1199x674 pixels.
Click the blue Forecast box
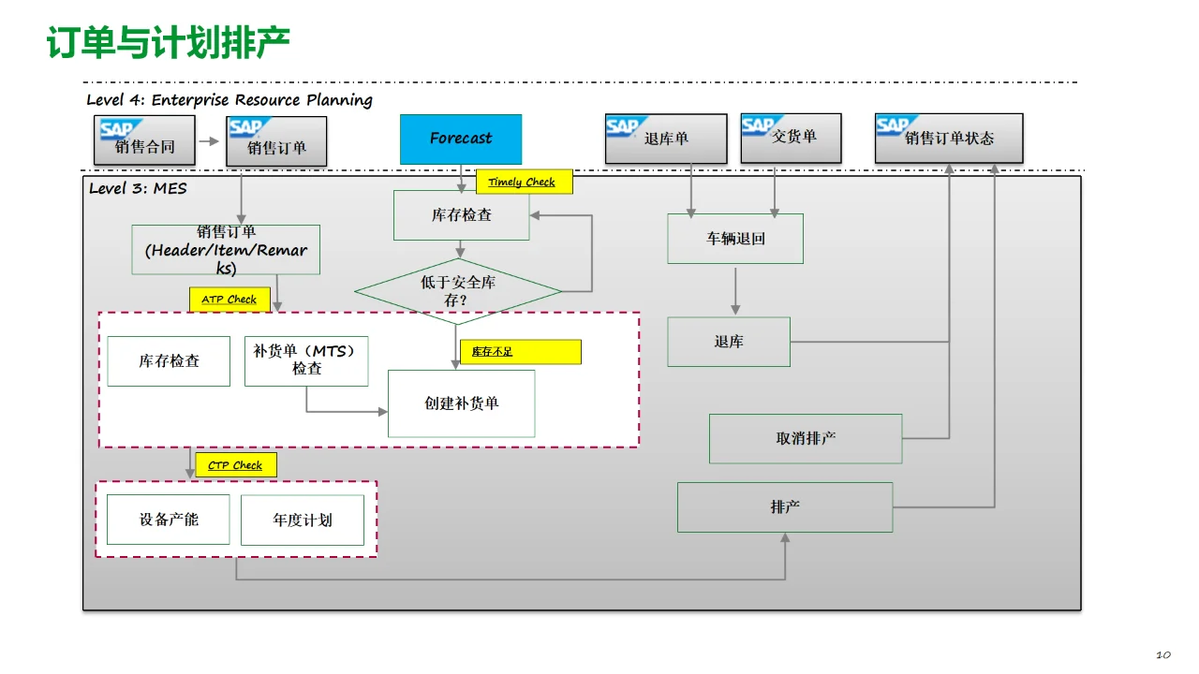pos(460,139)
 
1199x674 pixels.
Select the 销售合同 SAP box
pos(145,141)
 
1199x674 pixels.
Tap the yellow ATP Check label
pos(229,300)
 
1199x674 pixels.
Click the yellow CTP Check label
pos(235,465)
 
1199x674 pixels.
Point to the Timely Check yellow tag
pos(524,182)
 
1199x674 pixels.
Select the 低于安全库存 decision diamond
pos(457,290)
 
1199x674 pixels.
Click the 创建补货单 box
pos(461,403)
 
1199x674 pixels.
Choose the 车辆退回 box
pos(735,239)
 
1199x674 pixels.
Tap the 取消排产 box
pos(806,438)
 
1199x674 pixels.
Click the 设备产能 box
pos(169,520)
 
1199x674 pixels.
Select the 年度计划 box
pos(302,520)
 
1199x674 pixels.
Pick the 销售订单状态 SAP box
pos(948,139)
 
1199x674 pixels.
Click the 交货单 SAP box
pos(792,138)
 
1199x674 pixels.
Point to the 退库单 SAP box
pos(665,139)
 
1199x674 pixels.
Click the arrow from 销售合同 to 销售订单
pos(211,142)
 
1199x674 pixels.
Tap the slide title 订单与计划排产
pos(169,42)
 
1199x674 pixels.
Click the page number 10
pos(1163,654)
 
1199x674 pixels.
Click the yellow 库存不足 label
pos(521,352)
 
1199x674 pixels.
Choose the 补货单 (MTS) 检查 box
pos(306,360)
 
